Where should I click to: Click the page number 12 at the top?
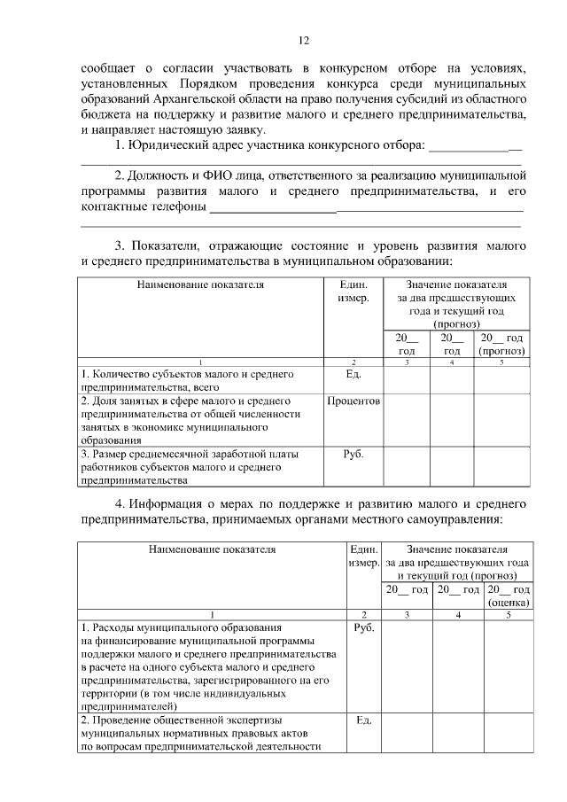click(x=303, y=41)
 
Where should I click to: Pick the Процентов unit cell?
click(x=353, y=401)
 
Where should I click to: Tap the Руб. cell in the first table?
click(x=353, y=454)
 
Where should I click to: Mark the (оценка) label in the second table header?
click(x=509, y=603)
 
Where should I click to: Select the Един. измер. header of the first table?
click(x=353, y=292)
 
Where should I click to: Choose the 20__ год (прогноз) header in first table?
click(x=502, y=344)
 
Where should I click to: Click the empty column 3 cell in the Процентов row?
click(x=407, y=420)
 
